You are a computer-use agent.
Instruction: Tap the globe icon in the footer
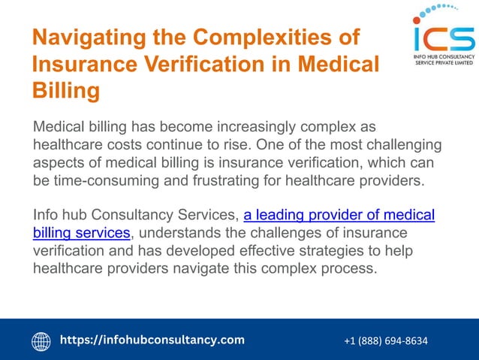tap(41, 341)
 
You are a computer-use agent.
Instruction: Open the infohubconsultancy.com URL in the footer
tap(152, 340)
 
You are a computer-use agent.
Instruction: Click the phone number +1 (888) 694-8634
tap(386, 341)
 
